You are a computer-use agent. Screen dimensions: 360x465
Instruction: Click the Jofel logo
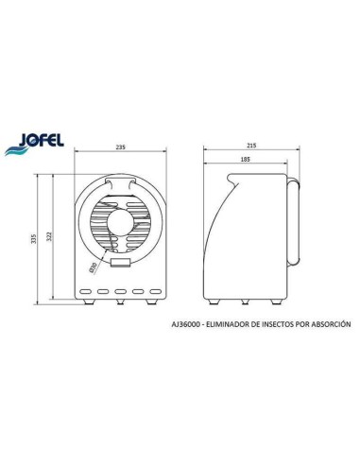tap(34, 144)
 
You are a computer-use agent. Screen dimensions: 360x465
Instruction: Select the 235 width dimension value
tap(121, 146)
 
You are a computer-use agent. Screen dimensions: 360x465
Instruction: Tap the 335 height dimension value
tap(34, 239)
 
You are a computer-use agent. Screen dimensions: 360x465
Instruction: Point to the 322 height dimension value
tap(49, 236)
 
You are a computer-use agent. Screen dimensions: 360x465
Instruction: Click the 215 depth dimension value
tap(251, 146)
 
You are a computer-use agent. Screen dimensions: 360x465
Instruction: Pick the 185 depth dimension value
tap(245, 160)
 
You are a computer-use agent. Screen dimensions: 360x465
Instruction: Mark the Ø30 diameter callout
tap(93, 267)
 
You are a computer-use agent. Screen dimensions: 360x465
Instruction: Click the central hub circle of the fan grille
tap(121, 222)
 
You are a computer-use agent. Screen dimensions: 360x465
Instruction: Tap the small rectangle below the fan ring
tap(121, 263)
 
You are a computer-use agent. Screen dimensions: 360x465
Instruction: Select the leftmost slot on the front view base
tap(86, 292)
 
